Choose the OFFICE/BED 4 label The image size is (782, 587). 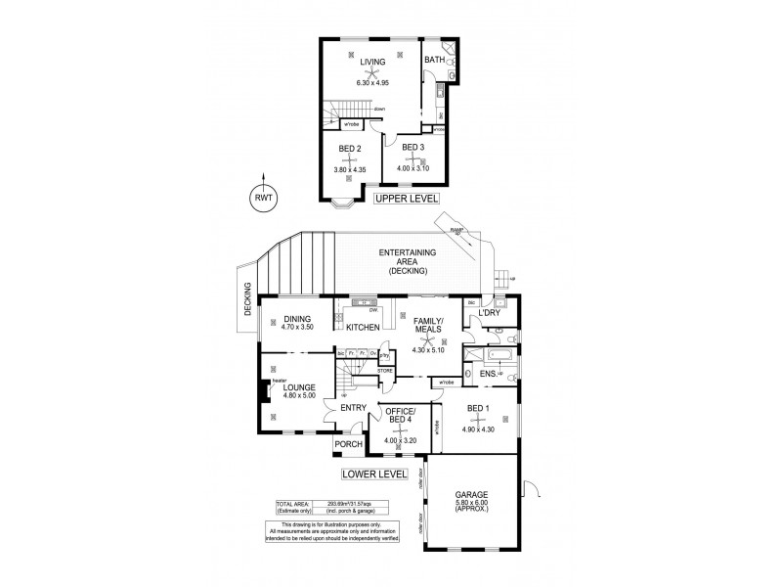point(401,416)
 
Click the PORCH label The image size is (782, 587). point(348,444)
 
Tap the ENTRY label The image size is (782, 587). point(352,408)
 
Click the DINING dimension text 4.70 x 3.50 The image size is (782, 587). point(296,327)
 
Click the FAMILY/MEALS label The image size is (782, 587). point(428,325)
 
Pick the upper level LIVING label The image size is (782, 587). point(372,63)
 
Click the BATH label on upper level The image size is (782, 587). point(435,60)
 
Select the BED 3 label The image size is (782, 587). point(413,148)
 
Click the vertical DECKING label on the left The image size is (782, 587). point(246,298)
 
